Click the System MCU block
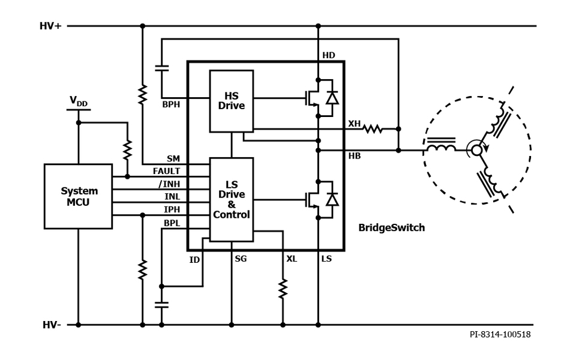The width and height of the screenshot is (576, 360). pyautogui.click(x=78, y=196)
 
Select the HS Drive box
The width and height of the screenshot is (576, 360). pyautogui.click(x=231, y=101)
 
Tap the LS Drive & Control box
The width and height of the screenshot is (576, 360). pyautogui.click(x=231, y=199)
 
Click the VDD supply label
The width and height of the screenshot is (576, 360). pyautogui.click(x=78, y=102)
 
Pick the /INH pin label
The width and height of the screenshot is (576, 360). pyautogui.click(x=169, y=184)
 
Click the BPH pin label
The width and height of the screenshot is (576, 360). pyautogui.click(x=171, y=104)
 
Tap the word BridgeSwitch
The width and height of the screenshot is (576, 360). pyautogui.click(x=391, y=227)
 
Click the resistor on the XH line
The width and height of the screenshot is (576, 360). pyautogui.click(x=373, y=128)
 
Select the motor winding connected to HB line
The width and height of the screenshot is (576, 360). pyautogui.click(x=441, y=147)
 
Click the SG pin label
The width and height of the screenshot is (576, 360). pyautogui.click(x=241, y=259)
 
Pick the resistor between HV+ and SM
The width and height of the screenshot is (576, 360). pyautogui.click(x=142, y=95)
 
